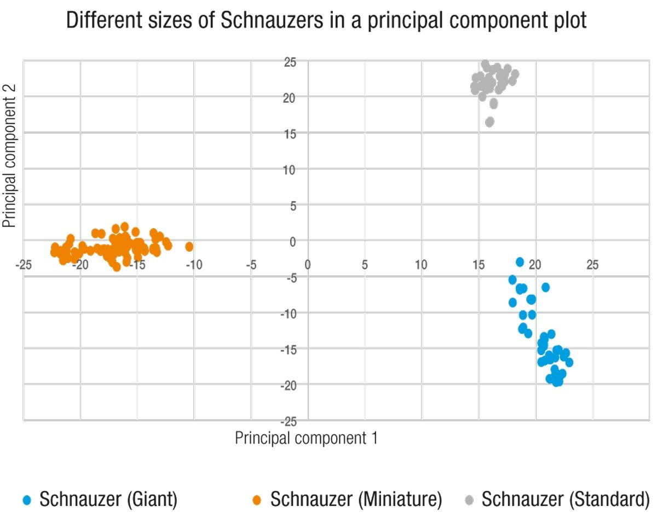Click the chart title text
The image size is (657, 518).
point(326,21)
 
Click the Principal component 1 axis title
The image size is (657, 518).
point(306,438)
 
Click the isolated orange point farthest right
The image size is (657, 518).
point(189,247)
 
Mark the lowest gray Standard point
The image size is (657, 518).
point(489,122)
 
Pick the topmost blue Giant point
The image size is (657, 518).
point(520,262)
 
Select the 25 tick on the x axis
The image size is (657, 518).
point(592,266)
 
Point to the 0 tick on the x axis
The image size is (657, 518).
point(308,266)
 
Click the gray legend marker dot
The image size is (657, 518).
point(469,499)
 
